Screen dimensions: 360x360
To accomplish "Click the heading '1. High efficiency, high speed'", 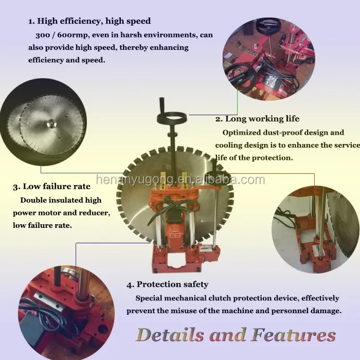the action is pyautogui.click(x=89, y=21).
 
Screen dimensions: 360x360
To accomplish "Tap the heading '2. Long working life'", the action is pyautogui.click(x=257, y=119).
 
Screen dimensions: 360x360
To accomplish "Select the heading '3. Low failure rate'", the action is pyautogui.click(x=51, y=186).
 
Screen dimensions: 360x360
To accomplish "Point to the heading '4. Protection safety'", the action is pyautogui.click(x=167, y=284).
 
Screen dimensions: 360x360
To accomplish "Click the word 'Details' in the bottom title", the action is pyautogui.click(x=170, y=335).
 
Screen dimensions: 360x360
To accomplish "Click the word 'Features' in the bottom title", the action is pyautogui.click(x=294, y=335).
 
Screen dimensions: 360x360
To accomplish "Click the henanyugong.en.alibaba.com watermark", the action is pyautogui.click(x=180, y=179).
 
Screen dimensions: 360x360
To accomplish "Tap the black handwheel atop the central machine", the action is pyautogui.click(x=172, y=118).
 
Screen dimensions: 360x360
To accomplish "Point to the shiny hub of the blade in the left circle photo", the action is pyautogui.click(x=51, y=124).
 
